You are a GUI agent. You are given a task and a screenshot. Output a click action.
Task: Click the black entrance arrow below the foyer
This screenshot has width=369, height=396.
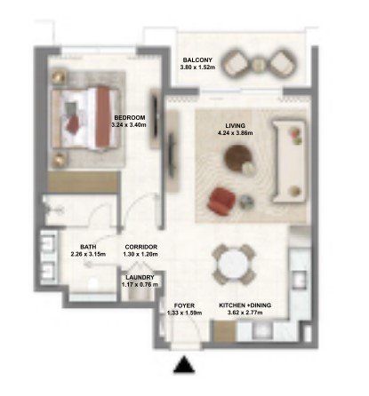pos(184,364)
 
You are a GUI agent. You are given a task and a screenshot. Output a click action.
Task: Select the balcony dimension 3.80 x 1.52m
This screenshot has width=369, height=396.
pos(197,67)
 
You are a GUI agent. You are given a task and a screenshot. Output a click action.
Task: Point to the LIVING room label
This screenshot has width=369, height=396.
pos(235,126)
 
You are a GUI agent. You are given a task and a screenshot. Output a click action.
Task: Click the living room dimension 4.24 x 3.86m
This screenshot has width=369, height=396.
pos(235,133)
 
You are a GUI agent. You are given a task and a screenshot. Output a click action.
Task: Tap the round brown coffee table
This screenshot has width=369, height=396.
pos(237,158)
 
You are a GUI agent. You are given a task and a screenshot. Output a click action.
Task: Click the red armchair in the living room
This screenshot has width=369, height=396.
pos(221,202)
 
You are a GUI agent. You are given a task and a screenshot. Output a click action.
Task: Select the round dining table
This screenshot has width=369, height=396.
pos(234,265)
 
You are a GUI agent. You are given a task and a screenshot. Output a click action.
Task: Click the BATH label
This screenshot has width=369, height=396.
pos(88,247)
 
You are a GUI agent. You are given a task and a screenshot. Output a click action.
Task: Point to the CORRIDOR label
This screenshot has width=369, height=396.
pos(140,247)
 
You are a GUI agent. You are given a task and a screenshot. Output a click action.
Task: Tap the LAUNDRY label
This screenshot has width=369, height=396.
pos(140,278)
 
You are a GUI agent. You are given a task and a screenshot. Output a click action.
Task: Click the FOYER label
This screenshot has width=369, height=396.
pos(184,305)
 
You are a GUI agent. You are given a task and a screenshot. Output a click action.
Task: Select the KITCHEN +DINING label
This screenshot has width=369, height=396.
pos(245,305)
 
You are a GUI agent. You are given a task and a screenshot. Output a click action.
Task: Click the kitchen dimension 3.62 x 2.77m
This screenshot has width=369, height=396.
pos(245,313)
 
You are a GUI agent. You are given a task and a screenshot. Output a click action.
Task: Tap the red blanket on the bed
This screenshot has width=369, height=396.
pos(104,116)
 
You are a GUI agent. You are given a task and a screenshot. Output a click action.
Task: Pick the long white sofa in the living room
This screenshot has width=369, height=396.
pos(289,162)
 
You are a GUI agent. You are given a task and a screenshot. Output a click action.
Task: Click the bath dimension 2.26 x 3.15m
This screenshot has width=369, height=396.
pos(88,254)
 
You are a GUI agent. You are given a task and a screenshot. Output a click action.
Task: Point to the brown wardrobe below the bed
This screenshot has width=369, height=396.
pos(84,182)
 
